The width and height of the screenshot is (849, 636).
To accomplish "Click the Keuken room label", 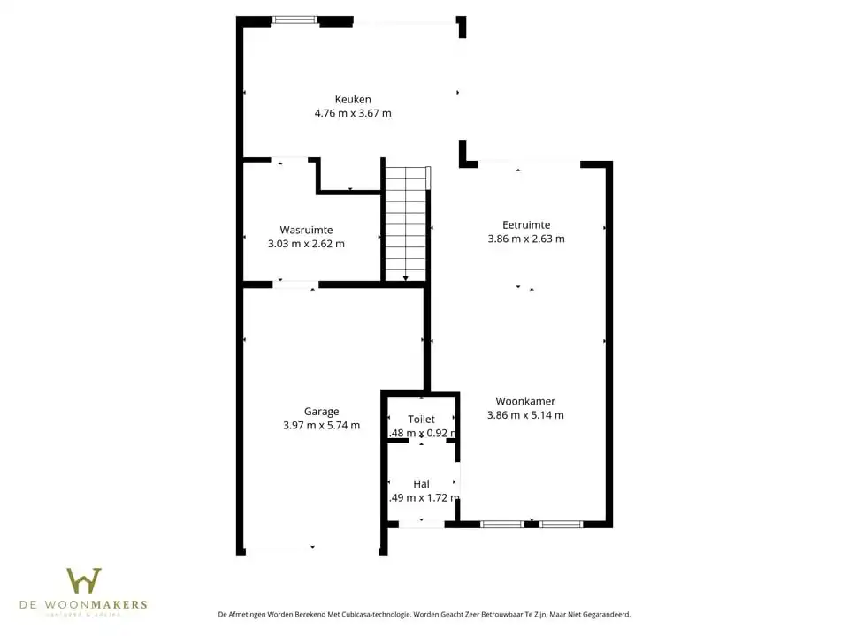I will click(x=352, y=100).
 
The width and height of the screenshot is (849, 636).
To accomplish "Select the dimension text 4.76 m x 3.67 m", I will click(x=352, y=114).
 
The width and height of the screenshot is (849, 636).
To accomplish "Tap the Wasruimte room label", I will click(x=306, y=230).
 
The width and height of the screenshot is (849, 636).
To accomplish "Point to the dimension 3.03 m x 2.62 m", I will click(x=306, y=244).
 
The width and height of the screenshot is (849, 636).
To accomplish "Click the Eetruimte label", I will click(x=526, y=225).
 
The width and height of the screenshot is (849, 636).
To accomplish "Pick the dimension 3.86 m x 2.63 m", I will click(x=526, y=238).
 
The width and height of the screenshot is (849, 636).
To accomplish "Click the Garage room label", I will click(x=321, y=412).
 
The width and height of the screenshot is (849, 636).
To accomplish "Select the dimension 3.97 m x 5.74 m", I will click(x=321, y=425).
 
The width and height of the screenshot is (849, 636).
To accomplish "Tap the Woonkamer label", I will click(x=525, y=401).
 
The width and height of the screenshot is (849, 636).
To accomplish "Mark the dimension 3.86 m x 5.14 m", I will click(x=525, y=415).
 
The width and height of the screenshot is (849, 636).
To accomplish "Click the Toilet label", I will click(x=421, y=420).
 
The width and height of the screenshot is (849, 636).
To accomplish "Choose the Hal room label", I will click(x=421, y=484).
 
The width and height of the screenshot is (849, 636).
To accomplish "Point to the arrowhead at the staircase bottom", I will click(x=406, y=278).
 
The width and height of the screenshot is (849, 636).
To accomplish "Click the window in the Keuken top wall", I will click(x=294, y=19).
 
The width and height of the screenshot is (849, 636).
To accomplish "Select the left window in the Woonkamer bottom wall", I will click(x=501, y=525).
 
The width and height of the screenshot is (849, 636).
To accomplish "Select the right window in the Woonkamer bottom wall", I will click(x=562, y=525).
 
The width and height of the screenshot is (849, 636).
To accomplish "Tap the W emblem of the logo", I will click(x=84, y=581).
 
